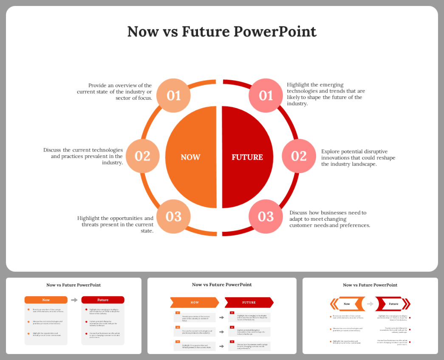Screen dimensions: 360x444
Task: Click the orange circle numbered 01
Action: coord(173,96)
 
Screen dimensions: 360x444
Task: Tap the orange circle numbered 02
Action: coord(142,156)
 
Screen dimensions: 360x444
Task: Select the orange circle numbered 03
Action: coord(173,217)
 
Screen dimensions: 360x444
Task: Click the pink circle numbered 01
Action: coord(266,96)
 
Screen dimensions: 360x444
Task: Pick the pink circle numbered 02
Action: coord(299,156)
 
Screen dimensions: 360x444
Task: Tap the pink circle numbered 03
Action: coord(266,217)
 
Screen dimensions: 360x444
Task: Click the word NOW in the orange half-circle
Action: coord(190,157)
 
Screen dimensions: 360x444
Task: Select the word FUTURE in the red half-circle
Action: coord(247,157)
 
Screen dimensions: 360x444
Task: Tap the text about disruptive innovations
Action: coord(358,157)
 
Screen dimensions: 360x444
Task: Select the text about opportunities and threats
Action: coord(115,224)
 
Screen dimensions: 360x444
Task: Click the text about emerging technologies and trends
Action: coord(326,94)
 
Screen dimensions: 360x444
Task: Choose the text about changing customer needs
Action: coord(330,219)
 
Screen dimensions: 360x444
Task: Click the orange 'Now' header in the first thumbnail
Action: coord(46,300)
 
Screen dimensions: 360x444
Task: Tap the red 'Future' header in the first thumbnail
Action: coord(103,300)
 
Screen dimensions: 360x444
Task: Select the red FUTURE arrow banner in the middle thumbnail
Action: coord(249,302)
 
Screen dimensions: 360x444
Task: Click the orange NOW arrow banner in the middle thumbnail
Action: coord(195,302)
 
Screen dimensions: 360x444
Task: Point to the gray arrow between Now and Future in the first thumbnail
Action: coord(74,300)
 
